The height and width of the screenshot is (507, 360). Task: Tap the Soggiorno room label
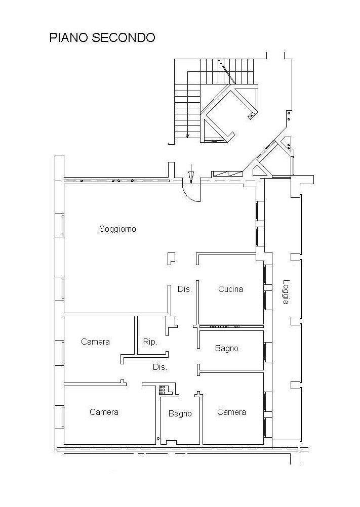point(117,229)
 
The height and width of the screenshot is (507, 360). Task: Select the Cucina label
point(230,289)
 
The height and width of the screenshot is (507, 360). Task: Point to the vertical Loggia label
point(286,292)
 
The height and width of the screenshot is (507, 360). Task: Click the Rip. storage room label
point(150,342)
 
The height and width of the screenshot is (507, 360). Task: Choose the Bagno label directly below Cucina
point(226,348)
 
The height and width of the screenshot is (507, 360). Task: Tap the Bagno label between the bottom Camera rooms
point(180,414)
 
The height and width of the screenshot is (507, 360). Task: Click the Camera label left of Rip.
point(95,342)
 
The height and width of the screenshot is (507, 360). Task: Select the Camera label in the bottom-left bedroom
point(104,412)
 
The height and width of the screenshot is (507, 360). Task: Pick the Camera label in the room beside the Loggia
point(231,412)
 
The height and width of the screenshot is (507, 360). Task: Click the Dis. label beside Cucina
point(184,289)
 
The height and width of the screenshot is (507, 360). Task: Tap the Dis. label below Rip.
point(160,367)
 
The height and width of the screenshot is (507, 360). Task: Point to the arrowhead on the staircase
point(187,136)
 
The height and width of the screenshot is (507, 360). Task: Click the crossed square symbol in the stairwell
point(250,116)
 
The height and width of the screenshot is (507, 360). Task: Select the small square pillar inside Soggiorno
point(172,258)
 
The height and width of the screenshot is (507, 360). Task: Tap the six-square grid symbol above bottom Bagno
point(163,390)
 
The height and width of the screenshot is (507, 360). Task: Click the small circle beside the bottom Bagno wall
point(158,438)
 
